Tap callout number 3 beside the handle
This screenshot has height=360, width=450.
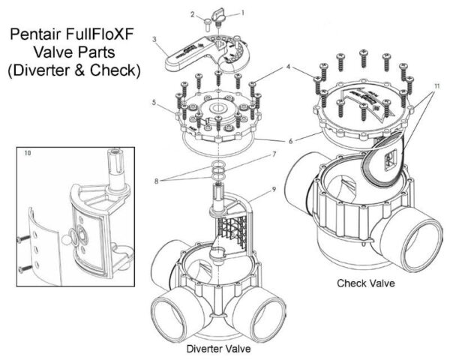[x=154, y=38]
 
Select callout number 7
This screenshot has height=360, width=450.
[x=274, y=154]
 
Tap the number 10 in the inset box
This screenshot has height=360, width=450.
[x=28, y=155]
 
